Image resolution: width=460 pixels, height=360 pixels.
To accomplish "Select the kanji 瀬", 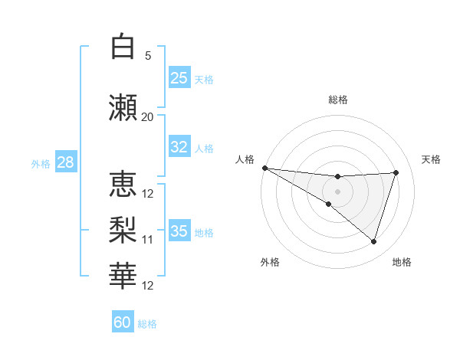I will coord(124,107).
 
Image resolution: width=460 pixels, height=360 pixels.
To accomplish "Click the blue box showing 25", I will coord(179,78).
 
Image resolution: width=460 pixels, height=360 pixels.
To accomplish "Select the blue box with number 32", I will coord(179,147).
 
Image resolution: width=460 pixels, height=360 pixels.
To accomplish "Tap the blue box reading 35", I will coord(179,231).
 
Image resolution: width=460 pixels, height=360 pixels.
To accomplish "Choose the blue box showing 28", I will coord(65,162).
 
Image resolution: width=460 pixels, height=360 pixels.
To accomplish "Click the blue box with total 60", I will coord(123,322).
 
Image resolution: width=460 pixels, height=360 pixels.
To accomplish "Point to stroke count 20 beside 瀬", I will coord(147,116).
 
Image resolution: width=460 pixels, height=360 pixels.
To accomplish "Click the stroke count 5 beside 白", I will coord(148,55).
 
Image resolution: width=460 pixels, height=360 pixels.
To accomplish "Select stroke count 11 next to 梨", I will coord(147,240).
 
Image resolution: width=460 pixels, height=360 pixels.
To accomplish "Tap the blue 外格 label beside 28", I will coord(41,163).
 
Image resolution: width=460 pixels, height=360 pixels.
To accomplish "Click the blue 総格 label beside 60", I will coord(148,324).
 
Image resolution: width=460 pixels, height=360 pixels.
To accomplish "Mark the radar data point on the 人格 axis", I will coord(264,167).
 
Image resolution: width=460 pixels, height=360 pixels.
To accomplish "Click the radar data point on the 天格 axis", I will coord(396,172).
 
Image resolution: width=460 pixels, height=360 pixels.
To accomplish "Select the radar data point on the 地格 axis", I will coord(373,242).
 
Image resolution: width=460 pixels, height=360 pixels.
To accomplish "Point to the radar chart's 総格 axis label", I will coord(337,100).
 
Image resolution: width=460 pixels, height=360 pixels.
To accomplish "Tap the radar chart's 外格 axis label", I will coord(270,262).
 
